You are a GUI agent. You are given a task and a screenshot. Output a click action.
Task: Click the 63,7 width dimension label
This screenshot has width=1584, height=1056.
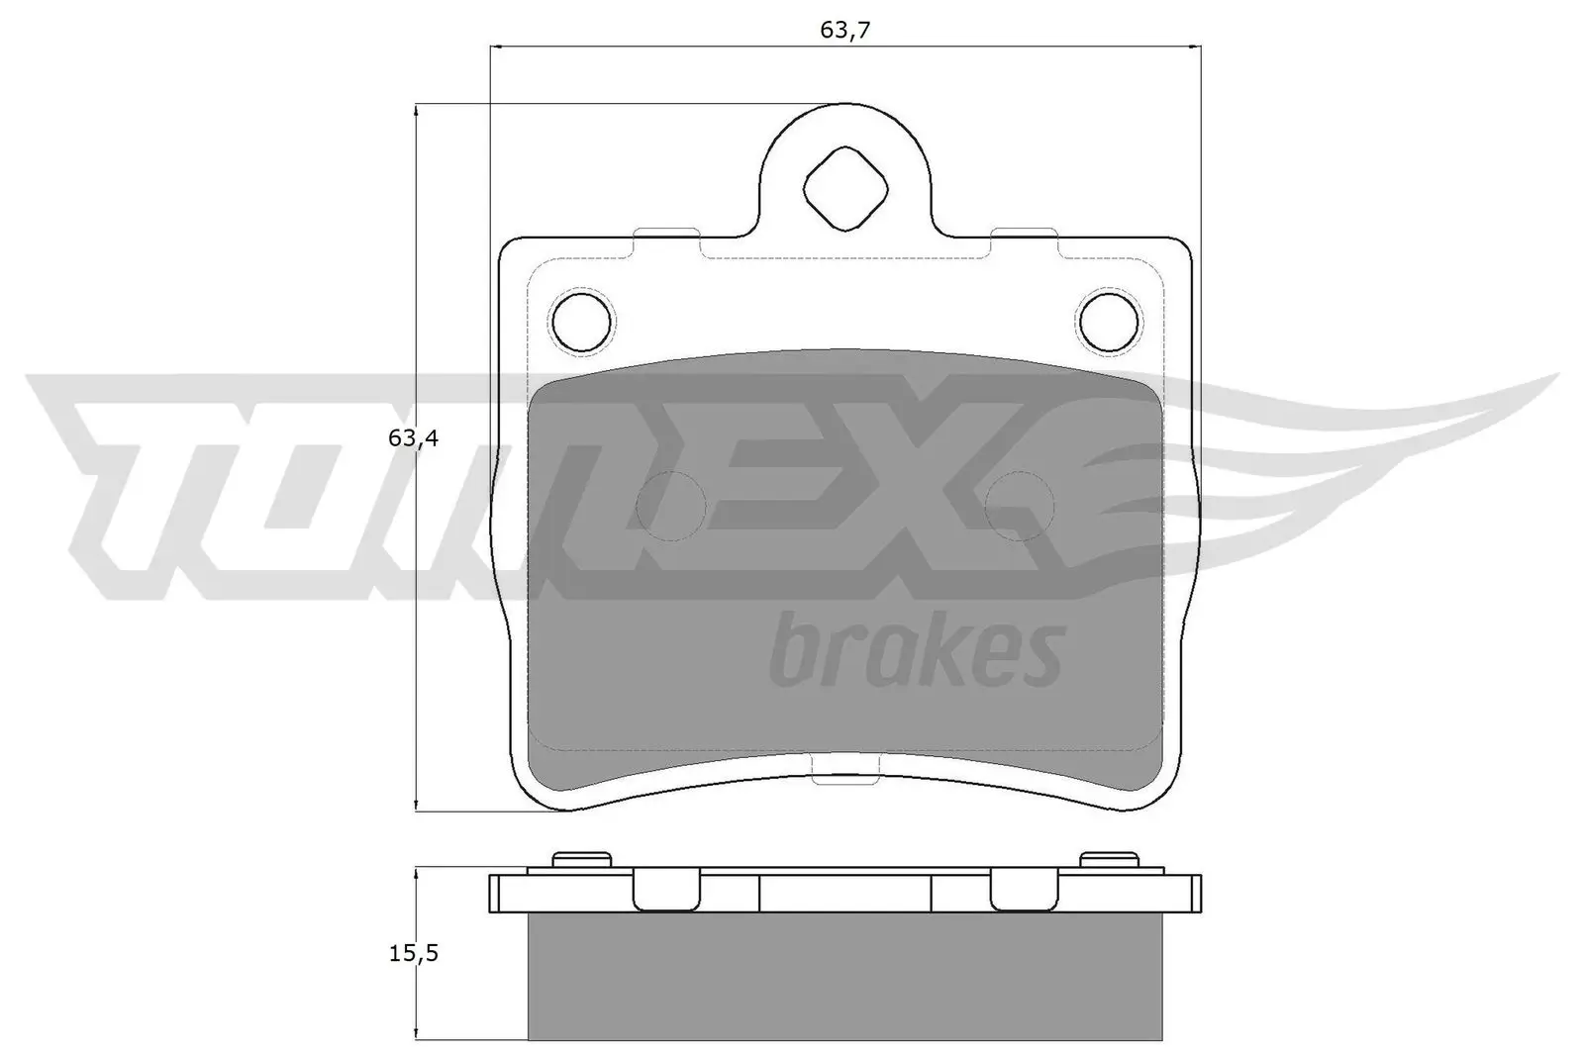pos(844,30)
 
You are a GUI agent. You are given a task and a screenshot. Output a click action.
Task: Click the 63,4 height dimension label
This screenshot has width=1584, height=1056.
pos(413,437)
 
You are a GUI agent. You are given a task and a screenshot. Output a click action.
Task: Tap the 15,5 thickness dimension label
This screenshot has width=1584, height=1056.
pos(413,953)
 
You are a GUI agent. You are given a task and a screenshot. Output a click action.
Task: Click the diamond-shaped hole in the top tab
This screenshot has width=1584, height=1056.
pos(844,189)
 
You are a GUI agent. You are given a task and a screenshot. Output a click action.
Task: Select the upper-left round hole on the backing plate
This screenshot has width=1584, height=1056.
pos(581,321)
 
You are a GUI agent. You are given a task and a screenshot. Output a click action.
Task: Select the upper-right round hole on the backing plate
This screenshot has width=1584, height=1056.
pos(1109,321)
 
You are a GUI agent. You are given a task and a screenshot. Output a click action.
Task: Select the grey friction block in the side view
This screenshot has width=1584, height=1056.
pos(844,975)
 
